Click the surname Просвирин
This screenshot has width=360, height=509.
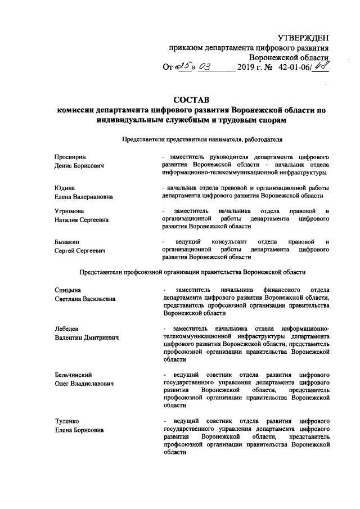70,156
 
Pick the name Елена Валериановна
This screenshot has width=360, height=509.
83,197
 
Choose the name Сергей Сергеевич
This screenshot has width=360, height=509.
80,251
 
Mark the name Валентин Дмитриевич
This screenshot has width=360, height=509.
85,338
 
